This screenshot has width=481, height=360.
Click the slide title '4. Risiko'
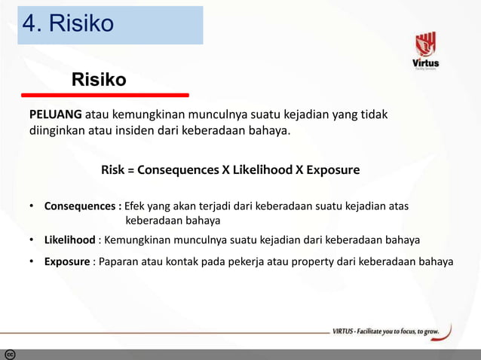(x=69, y=24)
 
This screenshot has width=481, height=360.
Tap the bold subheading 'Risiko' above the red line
(x=99, y=80)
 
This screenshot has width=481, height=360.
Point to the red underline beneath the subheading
(x=105, y=96)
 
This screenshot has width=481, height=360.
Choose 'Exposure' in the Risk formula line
(x=334, y=170)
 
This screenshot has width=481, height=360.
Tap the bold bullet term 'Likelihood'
(x=69, y=240)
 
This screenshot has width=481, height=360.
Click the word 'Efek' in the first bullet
(x=135, y=206)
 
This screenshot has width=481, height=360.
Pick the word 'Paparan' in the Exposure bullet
(x=114, y=262)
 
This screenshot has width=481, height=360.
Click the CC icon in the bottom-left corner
(x=10, y=354)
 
